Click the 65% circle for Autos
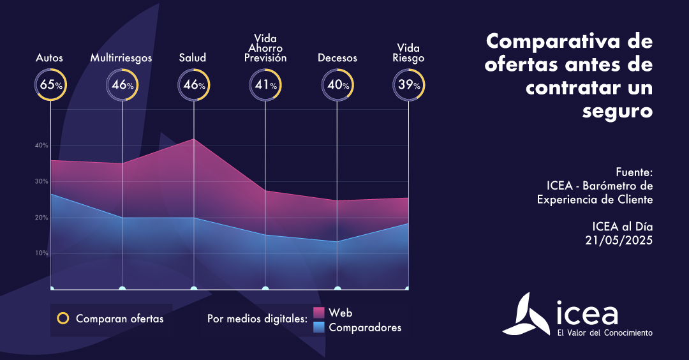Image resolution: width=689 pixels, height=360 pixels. (50, 84)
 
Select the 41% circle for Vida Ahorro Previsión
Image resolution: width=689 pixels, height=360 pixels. (265, 84)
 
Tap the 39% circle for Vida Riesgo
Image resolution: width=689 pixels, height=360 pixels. (408, 84)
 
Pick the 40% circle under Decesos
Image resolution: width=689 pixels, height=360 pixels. (337, 84)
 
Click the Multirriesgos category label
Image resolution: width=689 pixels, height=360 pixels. (121, 58)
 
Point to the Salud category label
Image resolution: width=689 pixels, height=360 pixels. (193, 58)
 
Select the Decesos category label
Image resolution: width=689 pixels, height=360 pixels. (337, 58)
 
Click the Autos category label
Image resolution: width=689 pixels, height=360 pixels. (50, 58)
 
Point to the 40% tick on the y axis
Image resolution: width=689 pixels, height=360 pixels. (41, 146)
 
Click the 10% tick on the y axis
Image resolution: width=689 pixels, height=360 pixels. (41, 253)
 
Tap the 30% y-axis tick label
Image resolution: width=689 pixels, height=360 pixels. (41, 182)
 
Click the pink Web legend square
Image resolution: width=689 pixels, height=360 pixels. (320, 313)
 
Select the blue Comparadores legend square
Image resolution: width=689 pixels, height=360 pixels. (320, 327)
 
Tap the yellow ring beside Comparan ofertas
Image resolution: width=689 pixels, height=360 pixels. (63, 319)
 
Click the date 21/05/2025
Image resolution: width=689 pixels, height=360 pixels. (619, 240)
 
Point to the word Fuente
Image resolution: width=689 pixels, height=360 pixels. (634, 172)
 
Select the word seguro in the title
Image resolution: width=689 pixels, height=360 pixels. (618, 110)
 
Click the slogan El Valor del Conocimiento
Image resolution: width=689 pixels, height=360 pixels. (605, 333)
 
